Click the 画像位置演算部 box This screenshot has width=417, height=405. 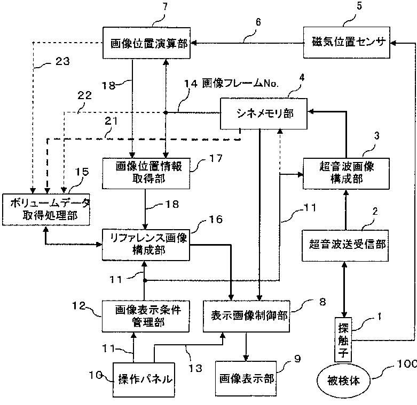pyautogui.click(x=146, y=43)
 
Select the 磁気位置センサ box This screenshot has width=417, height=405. pyautogui.click(x=347, y=43)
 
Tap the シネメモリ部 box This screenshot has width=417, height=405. pyautogui.click(x=264, y=114)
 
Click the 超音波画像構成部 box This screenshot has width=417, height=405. pyautogui.click(x=347, y=174)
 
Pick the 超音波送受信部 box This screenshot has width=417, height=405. pyautogui.click(x=345, y=246)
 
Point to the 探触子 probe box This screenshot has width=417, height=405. pyautogui.click(x=343, y=339)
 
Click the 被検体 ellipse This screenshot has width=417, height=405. pyautogui.click(x=343, y=381)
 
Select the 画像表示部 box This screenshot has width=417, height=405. pyautogui.click(x=246, y=378)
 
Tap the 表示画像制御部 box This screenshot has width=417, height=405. pyautogui.click(x=247, y=316)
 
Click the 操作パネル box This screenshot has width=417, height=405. pyautogui.click(x=144, y=380)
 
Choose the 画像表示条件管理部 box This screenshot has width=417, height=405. pyautogui.click(x=146, y=316)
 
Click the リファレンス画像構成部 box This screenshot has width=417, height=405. pyautogui.click(x=146, y=245)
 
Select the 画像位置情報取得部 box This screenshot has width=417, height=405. pyautogui.click(x=146, y=174)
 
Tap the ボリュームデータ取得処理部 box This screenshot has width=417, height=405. pyautogui.click(x=46, y=209)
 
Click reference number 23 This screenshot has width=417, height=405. pyautogui.click(x=62, y=61)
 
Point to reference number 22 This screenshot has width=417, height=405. pyautogui.click(x=84, y=95)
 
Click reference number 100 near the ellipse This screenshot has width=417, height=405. pyautogui.click(x=406, y=363)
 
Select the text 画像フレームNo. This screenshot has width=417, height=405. pyautogui.click(x=240, y=84)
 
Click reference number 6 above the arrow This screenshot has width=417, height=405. pyautogui.click(x=258, y=22)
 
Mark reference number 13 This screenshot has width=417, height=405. pyautogui.click(x=195, y=368)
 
